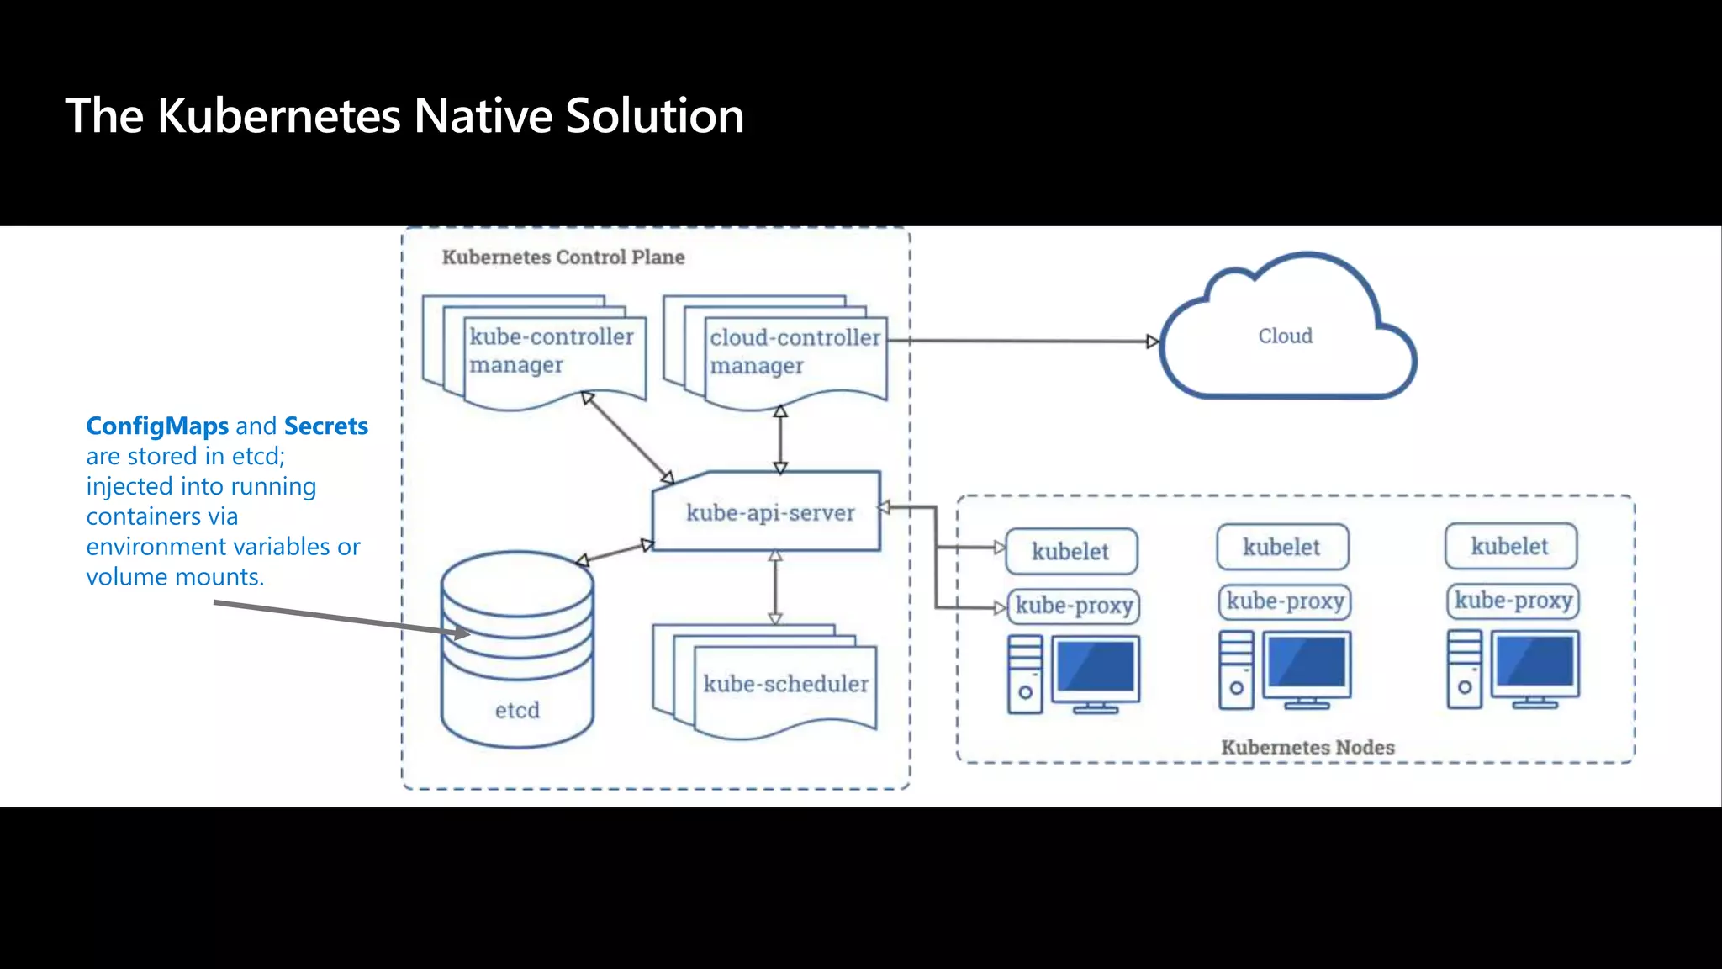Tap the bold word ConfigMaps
pyautogui.click(x=157, y=426)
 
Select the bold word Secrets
pyautogui.click(x=326, y=426)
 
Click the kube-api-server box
pyautogui.click(x=769, y=512)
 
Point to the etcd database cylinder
pyautogui.click(x=517, y=656)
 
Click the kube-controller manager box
pyautogui.click(x=551, y=351)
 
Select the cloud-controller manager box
pyautogui.click(x=794, y=352)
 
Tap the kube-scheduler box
pyautogui.click(x=784, y=683)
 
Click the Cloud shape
pyautogui.click(x=1285, y=336)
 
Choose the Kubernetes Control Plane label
pyautogui.click(x=563, y=257)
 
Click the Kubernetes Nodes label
pyautogui.click(x=1307, y=747)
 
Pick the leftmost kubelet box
pyautogui.click(x=1070, y=552)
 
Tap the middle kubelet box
pyautogui.click(x=1281, y=548)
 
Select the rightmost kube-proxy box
pyautogui.click(x=1513, y=601)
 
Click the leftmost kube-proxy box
pyautogui.click(x=1074, y=606)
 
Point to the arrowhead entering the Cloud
pyautogui.click(x=1153, y=342)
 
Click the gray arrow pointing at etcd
pyautogui.click(x=336, y=617)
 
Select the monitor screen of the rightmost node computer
pyautogui.click(x=1534, y=662)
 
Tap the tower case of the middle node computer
pyautogui.click(x=1236, y=670)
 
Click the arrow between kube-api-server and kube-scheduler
pyautogui.click(x=775, y=587)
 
